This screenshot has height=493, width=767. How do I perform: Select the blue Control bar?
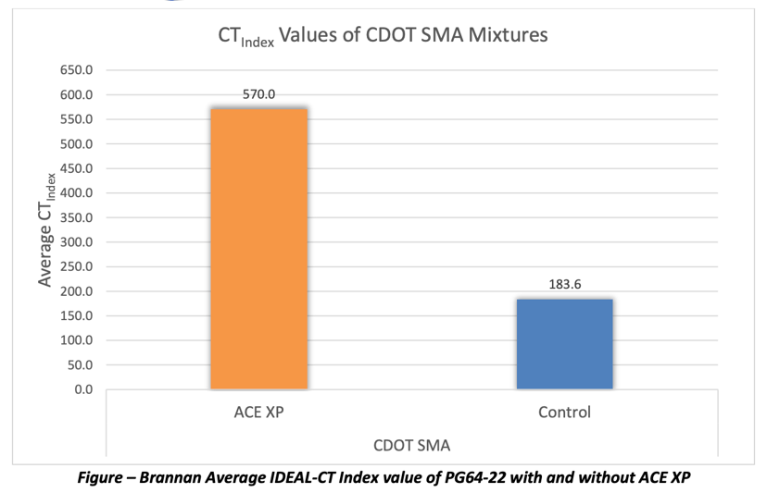pos(564,343)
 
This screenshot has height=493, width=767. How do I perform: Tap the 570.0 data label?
pos(259,93)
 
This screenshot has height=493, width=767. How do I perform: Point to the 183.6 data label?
pos(564,286)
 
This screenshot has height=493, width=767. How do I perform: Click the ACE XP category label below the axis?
pos(260,413)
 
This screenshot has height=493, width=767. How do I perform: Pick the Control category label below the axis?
pos(564,413)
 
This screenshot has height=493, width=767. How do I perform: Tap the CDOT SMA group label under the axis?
pos(412,446)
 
